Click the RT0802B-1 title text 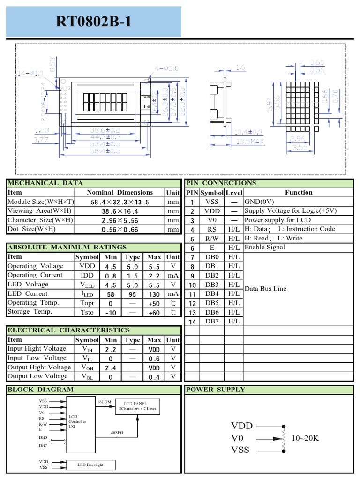click(x=93, y=22)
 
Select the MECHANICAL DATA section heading click(x=45, y=183)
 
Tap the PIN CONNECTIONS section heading click(x=221, y=183)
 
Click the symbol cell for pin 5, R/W click(x=211, y=239)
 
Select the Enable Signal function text click(x=265, y=247)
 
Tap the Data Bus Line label click(x=265, y=289)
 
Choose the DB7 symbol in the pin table click(x=211, y=321)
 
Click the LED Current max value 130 click(x=154, y=294)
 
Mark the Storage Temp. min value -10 click(x=111, y=313)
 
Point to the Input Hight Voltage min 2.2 click(x=111, y=350)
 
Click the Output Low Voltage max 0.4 click(x=154, y=377)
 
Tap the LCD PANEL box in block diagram click(x=138, y=406)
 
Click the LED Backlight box click(x=90, y=465)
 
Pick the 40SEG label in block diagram click(x=117, y=433)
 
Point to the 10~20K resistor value click(x=305, y=438)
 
